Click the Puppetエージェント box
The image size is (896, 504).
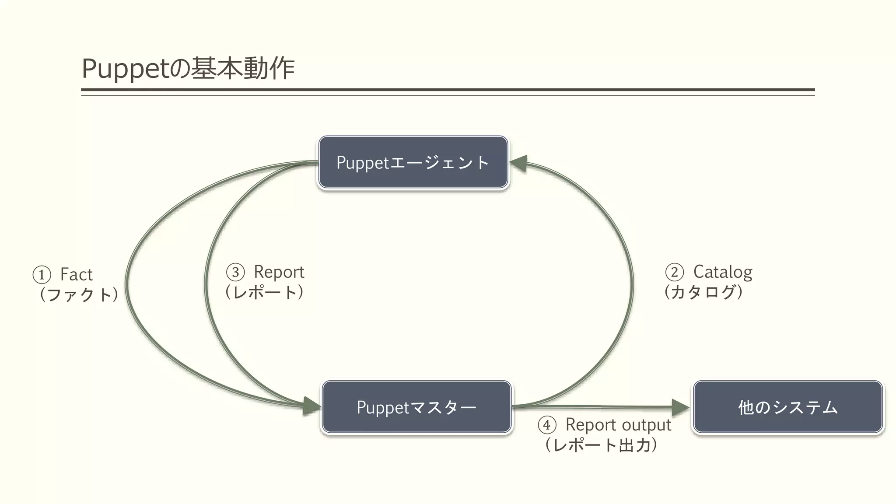coord(413,162)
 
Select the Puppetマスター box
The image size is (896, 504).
coord(416,407)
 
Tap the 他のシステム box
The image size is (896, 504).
coord(787,407)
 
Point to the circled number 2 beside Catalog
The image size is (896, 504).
coord(674,272)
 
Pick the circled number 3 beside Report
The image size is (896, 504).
coord(235,272)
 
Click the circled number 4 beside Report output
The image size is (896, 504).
coord(547,425)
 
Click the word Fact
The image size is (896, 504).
coord(77,275)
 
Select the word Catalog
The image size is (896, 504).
coord(723,272)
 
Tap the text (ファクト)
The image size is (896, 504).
coord(79,294)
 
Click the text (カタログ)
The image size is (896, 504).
coord(703,292)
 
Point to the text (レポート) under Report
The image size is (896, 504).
coord(264,292)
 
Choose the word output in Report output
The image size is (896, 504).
coord(646,425)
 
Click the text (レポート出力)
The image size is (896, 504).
coord(601,445)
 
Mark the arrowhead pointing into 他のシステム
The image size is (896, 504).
coord(679,407)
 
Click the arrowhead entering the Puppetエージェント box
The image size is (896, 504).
coord(519,163)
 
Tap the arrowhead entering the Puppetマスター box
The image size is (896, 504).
coord(312,406)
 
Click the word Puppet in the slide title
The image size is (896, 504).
coord(125,69)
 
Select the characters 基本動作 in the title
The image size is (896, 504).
coord(243,69)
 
